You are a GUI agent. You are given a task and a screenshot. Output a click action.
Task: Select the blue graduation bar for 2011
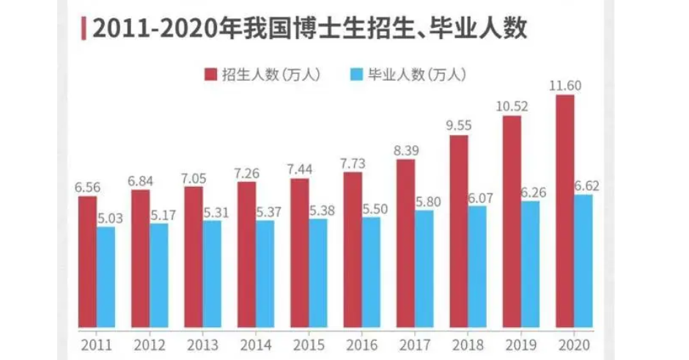(106, 277)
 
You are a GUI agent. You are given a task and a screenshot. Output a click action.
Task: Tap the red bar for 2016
(353, 249)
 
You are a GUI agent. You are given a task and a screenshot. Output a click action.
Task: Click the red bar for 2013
(194, 257)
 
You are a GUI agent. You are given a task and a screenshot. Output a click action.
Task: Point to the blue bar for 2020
(583, 260)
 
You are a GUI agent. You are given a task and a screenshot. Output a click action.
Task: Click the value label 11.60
(565, 87)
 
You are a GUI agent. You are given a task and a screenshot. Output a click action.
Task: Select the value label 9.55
(459, 126)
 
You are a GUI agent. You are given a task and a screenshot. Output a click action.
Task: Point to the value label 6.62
(587, 186)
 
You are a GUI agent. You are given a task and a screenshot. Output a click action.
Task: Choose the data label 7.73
(353, 163)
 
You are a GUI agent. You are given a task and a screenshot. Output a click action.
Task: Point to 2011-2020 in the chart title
(151, 28)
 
